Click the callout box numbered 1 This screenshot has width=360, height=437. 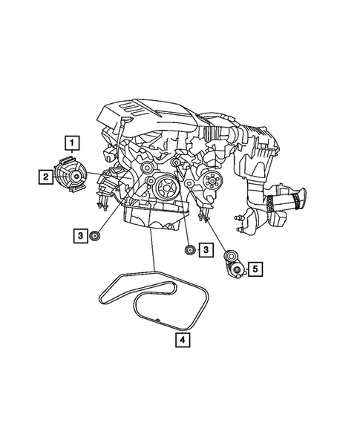point(72,140)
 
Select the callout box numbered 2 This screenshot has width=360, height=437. point(46,176)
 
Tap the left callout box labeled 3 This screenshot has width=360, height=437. point(79,236)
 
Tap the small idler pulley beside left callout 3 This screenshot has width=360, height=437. point(95,236)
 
